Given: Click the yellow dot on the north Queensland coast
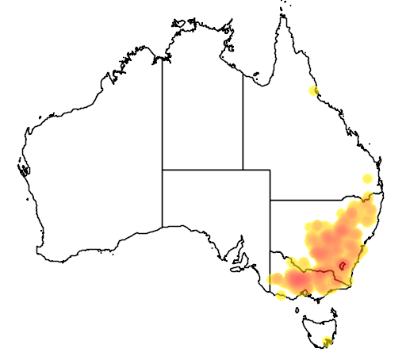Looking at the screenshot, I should (314, 91).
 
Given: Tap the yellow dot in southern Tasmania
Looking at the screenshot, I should (328, 343).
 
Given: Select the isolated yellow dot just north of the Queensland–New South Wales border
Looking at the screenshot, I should (366, 178).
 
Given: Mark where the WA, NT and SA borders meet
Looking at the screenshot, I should (163, 169).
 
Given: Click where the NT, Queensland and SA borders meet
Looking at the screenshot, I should (243, 169).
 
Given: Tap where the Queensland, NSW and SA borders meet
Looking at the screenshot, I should (270, 201).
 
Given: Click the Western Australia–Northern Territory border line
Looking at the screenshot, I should (163, 111).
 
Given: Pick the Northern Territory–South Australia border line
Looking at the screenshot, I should (202, 169).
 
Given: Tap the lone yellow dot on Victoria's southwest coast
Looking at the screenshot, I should (281, 297).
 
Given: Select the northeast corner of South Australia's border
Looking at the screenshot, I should (270, 169).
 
